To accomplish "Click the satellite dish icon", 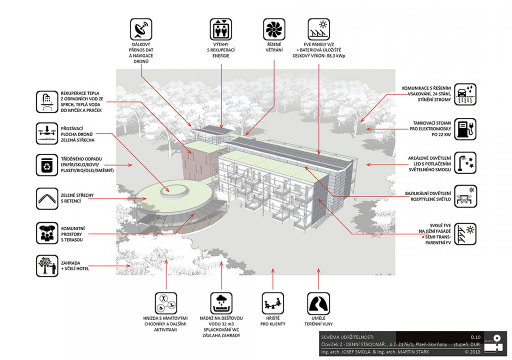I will point(141,30).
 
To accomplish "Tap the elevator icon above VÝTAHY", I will point(221,30).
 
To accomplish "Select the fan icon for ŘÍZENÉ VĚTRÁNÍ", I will point(274,30).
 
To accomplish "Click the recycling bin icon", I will point(47,165).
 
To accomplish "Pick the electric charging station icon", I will point(465,129).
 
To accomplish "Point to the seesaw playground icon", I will point(273,303).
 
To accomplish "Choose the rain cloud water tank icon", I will point(221,303).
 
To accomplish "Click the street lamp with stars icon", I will point(465,163).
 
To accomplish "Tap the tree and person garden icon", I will point(47,266).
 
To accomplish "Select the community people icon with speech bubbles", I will point(47,233).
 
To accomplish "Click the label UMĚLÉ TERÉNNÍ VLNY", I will point(318,321).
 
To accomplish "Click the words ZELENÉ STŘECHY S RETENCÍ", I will point(77,198).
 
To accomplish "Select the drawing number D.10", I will point(476,337).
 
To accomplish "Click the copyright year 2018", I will point(475,352).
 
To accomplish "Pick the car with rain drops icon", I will point(465,94).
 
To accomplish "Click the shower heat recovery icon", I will point(47,102).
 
